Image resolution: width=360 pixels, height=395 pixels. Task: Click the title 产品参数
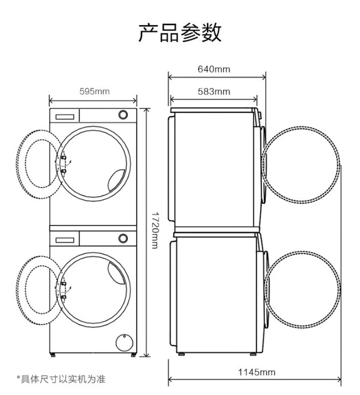tap(180, 32)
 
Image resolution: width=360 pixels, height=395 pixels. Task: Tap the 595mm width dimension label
tap(94, 91)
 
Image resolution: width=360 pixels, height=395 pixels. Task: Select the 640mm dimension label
tap(214, 69)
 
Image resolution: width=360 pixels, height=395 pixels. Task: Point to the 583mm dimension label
tap(214, 91)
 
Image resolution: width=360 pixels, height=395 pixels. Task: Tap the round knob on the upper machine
tap(123, 114)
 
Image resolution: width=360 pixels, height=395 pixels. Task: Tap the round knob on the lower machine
tap(123, 238)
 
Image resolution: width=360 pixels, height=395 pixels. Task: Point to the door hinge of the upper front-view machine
tap(64, 165)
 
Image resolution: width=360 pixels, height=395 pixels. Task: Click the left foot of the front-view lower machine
tap(54, 354)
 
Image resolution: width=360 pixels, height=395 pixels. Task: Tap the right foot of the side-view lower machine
tap(252, 353)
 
